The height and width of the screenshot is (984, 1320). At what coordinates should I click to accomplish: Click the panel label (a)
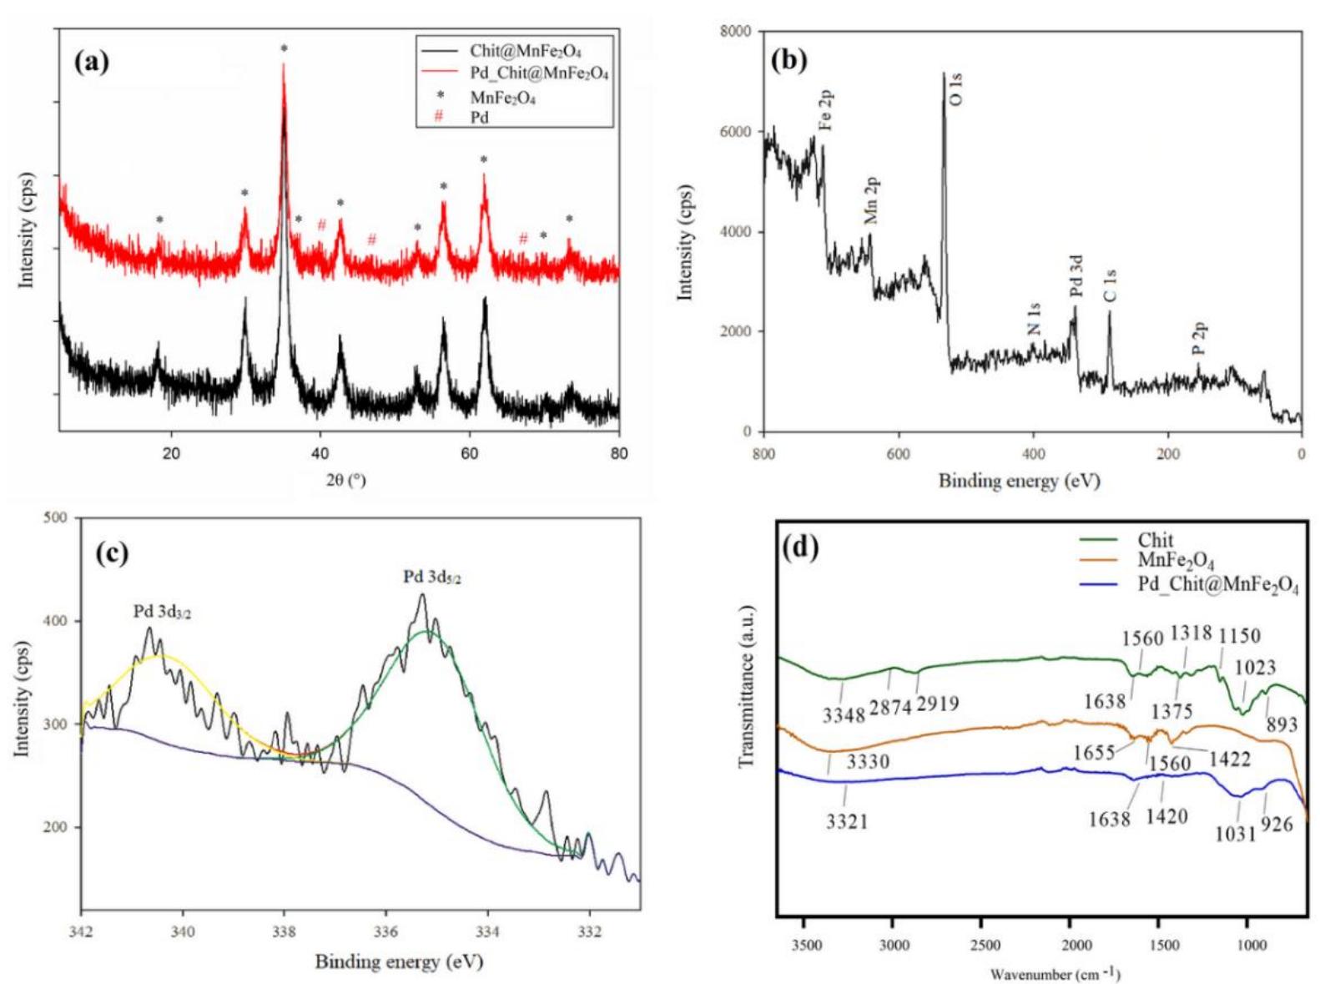coord(92,62)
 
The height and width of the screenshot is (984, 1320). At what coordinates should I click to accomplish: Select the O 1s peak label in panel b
coord(956,89)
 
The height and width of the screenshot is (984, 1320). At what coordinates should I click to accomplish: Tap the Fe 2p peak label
coord(826,110)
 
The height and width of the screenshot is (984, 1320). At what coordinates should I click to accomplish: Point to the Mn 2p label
coord(872,200)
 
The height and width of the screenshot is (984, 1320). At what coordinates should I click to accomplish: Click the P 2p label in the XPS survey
coord(1199,338)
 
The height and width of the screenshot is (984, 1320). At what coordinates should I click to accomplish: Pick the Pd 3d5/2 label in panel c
coord(432,578)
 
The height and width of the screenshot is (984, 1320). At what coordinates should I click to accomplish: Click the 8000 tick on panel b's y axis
coord(734,32)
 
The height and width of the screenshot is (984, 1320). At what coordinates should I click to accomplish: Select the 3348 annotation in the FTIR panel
coord(844,715)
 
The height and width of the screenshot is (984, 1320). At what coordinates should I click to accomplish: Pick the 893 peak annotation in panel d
coord(1282,724)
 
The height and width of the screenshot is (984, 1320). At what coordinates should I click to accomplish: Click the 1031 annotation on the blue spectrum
coord(1236,832)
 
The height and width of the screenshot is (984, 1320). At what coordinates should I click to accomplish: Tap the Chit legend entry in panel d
coord(1155,540)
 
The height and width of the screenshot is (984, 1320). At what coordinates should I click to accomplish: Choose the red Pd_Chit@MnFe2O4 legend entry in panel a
coord(539,73)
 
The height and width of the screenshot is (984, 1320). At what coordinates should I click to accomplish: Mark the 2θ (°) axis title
coord(345,480)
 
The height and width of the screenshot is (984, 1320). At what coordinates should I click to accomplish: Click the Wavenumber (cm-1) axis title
coord(1055,974)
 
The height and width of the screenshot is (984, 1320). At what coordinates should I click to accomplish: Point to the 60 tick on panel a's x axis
coord(469,453)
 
